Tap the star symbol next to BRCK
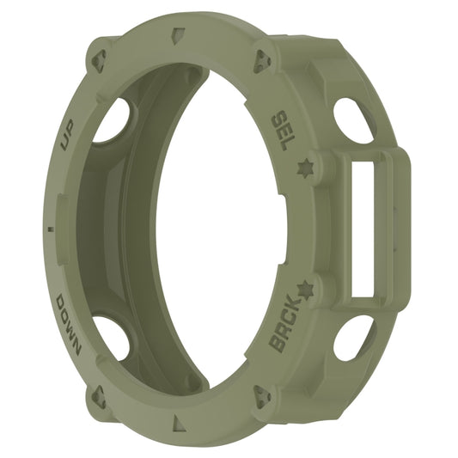(x=304, y=286)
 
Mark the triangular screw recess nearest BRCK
(x=261, y=395)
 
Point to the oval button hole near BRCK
(x=353, y=337)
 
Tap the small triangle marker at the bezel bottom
(x=178, y=422)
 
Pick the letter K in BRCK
(x=296, y=305)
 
